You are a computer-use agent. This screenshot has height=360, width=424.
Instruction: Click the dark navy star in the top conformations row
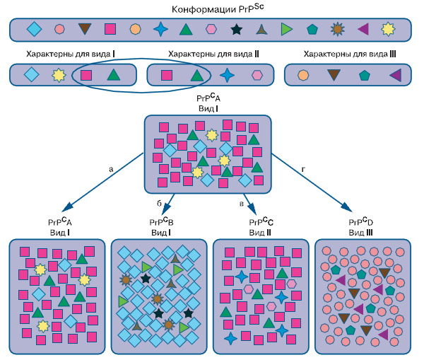[236, 30]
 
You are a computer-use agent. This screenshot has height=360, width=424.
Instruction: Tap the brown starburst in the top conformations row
[338, 30]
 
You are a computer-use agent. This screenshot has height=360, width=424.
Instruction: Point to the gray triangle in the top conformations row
[261, 30]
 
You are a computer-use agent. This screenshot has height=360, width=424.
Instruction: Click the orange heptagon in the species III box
[303, 74]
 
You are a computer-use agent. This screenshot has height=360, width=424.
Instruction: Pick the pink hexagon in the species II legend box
[257, 74]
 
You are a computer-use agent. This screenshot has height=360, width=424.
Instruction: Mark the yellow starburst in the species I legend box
[59, 74]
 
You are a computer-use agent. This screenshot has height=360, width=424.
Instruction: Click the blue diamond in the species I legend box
[30, 74]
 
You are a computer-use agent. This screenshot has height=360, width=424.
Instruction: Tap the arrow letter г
[304, 169]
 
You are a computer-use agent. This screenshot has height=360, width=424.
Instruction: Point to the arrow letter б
[159, 203]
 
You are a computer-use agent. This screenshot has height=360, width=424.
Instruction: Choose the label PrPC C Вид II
[261, 227]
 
